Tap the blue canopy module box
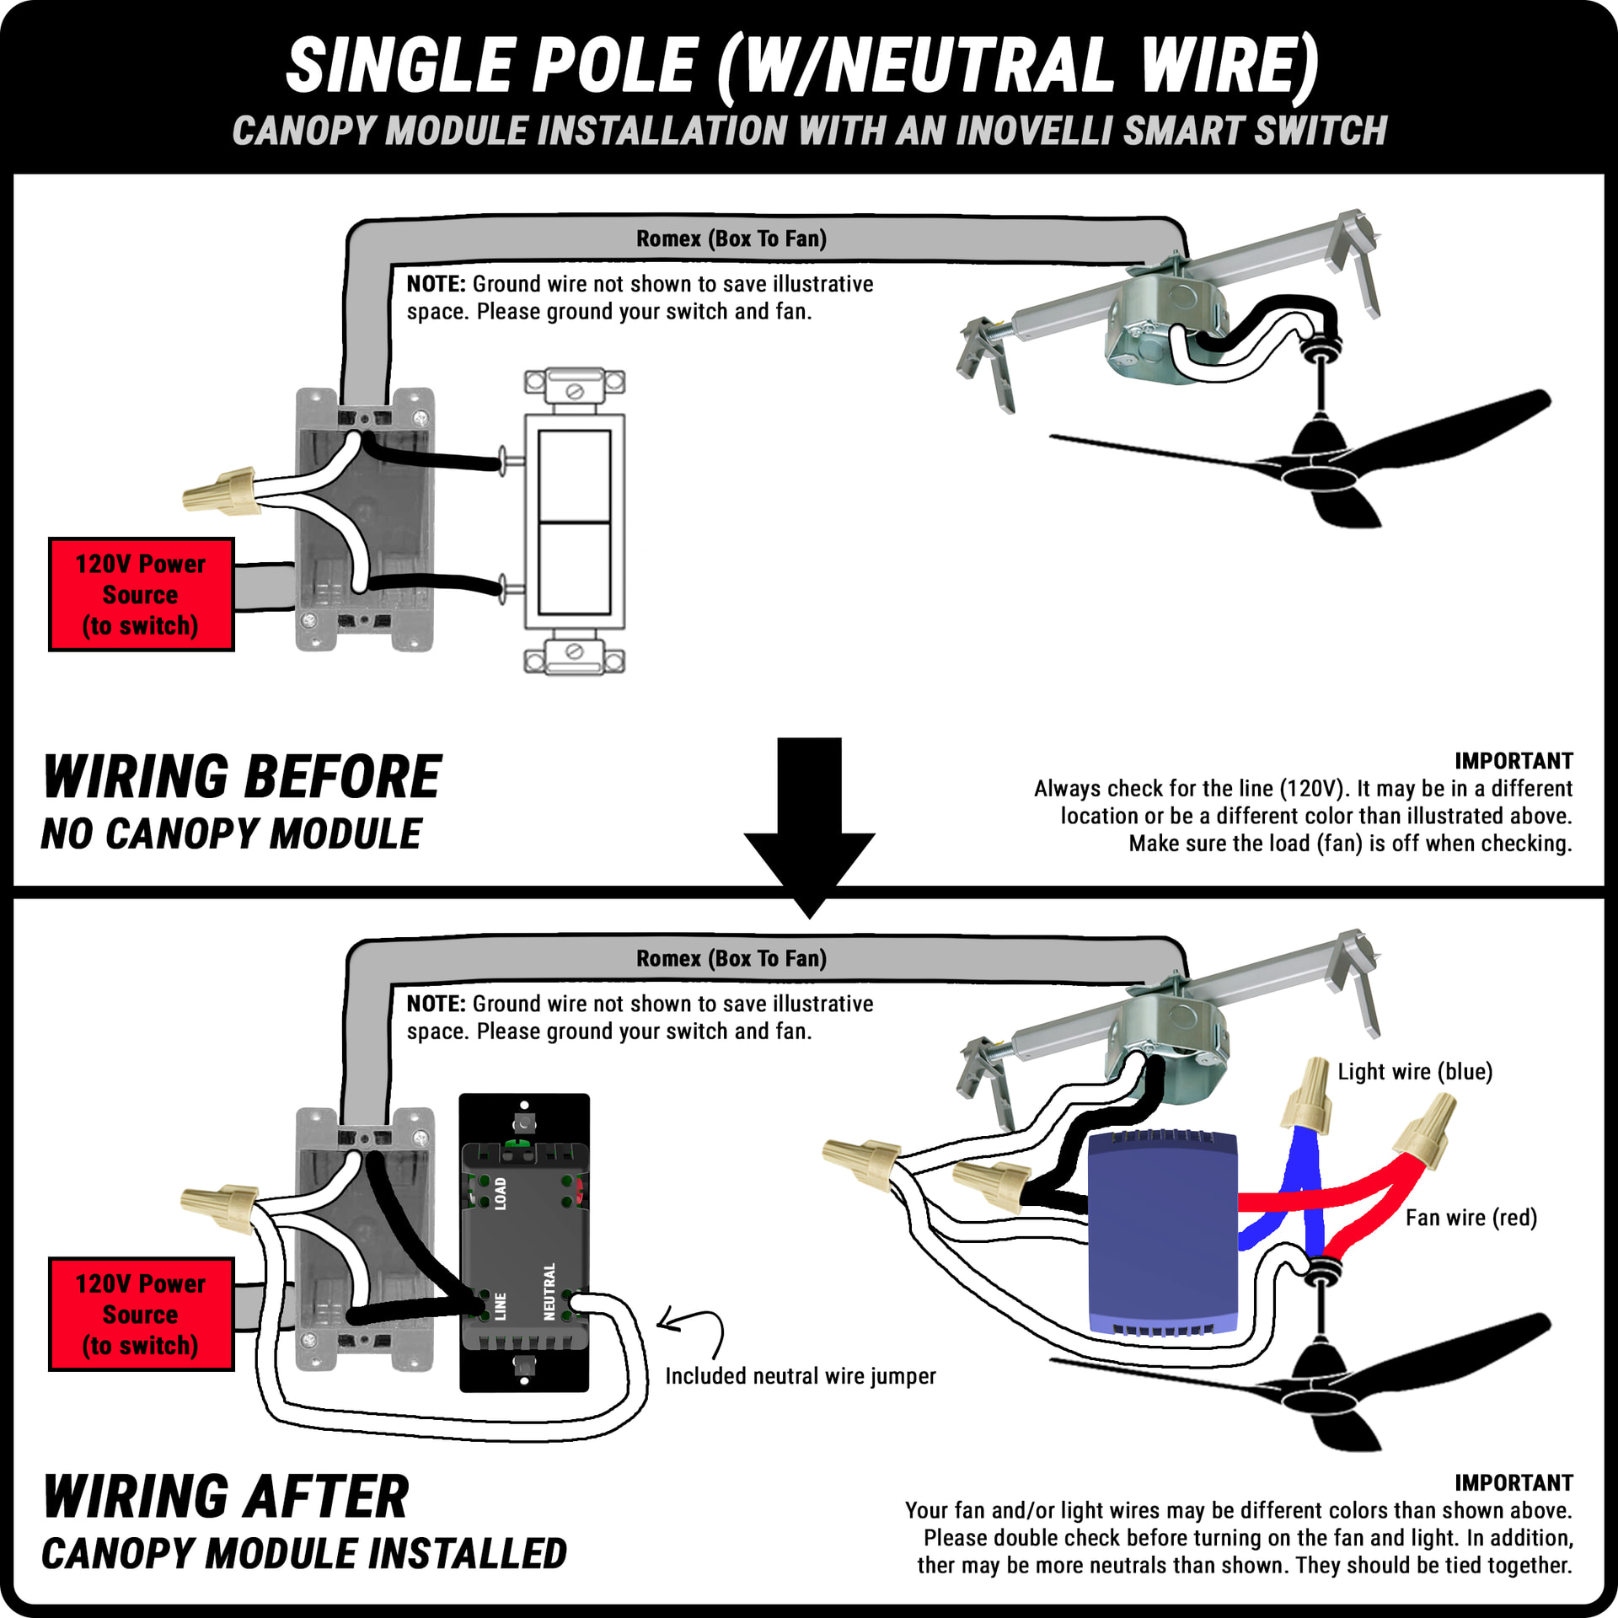click(x=1162, y=1235)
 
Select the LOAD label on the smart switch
click(x=501, y=1193)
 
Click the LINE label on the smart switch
click(x=501, y=1306)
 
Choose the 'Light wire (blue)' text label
click(x=1415, y=1072)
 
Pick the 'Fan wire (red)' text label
click(x=1471, y=1218)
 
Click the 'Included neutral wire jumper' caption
click(x=800, y=1376)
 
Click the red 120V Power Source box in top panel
click(x=141, y=594)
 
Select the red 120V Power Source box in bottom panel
click(x=141, y=1314)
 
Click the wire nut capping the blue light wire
click(x=1308, y=1095)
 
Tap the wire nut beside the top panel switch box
click(x=220, y=490)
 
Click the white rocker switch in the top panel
click(x=575, y=522)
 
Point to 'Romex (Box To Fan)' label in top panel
click(x=731, y=239)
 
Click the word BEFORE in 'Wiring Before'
click(x=343, y=777)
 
